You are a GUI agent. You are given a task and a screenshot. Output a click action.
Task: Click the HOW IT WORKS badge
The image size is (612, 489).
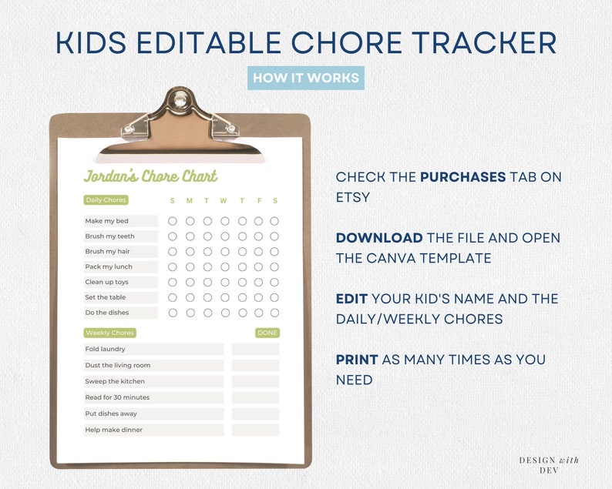coord(306,79)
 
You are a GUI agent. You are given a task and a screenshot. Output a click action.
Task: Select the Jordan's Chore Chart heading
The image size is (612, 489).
coord(151,176)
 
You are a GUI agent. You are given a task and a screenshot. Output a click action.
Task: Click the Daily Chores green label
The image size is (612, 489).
coord(106,200)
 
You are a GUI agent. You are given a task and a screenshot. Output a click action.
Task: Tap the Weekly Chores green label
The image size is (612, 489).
coord(109,333)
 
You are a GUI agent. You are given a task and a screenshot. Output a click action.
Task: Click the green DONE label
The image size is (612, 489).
coord(267,333)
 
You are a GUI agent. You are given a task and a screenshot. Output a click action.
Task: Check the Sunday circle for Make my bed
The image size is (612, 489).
coord(172,221)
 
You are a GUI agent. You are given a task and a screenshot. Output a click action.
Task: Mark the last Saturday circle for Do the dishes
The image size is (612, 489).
coord(274,313)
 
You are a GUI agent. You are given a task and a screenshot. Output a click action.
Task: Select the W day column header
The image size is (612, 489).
coord(224,201)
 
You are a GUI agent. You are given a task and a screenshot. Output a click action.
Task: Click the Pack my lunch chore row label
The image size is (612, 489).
coord(109,266)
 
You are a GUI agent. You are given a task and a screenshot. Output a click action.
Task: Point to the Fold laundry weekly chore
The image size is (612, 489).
coord(106,349)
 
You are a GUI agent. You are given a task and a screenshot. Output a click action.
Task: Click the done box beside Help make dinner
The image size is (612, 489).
coord(255,430)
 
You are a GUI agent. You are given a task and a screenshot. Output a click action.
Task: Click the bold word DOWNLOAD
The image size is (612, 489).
coord(379,238)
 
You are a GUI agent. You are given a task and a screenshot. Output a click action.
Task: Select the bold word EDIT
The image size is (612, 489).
coord(351,298)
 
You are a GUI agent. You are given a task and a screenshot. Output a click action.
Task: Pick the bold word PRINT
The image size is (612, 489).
coord(357,360)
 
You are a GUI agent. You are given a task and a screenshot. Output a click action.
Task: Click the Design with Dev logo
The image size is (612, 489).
coord(549,464)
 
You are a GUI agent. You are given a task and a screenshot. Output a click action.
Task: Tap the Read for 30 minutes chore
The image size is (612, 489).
coord(118,397)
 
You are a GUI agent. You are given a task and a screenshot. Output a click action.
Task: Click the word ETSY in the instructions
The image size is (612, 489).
coord(353,197)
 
